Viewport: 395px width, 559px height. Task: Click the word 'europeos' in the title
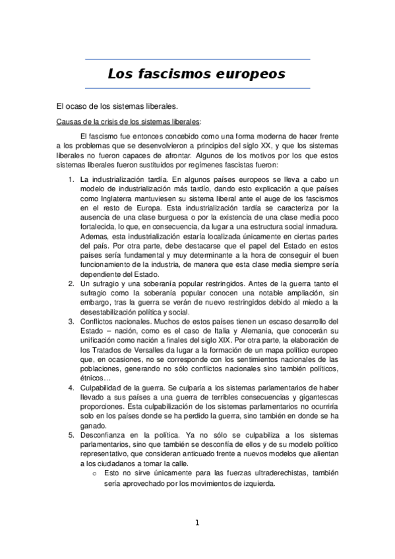coord(250,74)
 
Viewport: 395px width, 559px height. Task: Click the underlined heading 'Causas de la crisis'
coord(129,121)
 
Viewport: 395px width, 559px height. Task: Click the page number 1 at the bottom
coord(197,523)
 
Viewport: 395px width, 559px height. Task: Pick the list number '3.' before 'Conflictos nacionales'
coord(72,321)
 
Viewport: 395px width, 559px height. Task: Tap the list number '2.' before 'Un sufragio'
coord(72,283)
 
